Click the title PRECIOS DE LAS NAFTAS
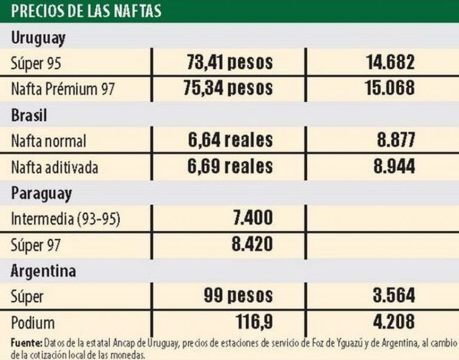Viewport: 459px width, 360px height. click(x=86, y=11)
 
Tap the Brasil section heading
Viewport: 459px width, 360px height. click(x=29, y=115)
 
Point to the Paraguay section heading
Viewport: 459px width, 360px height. click(x=41, y=193)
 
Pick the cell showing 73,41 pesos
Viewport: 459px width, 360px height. click(x=229, y=62)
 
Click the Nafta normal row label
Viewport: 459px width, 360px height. click(x=49, y=141)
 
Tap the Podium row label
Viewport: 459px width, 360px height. click(x=33, y=323)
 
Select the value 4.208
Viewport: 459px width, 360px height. click(x=389, y=322)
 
